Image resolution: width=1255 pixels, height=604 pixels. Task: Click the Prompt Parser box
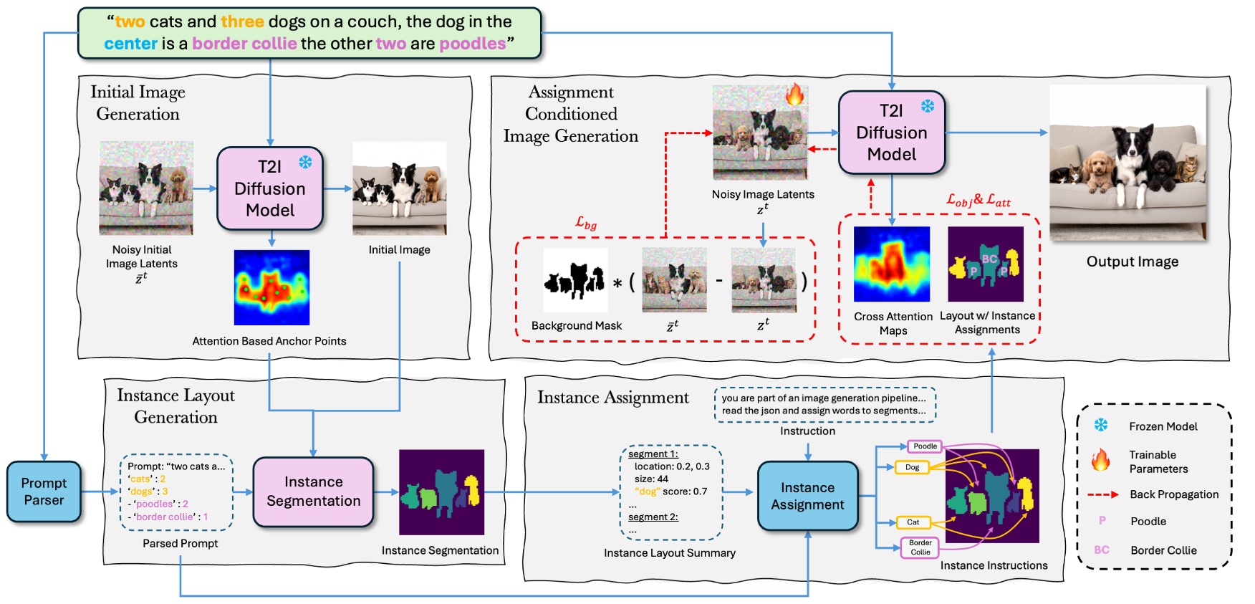[x=44, y=492]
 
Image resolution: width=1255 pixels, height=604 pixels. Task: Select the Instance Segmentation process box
[x=313, y=492]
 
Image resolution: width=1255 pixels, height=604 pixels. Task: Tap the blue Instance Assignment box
[x=807, y=496]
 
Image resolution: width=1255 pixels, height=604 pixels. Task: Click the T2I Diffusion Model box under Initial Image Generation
[x=270, y=188]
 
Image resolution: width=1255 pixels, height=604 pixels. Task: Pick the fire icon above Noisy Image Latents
[x=794, y=95]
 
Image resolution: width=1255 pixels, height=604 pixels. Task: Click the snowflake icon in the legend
[x=1101, y=426]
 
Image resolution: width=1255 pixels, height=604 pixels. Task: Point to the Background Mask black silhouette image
[x=575, y=280]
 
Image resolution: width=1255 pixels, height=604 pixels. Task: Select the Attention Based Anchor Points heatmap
[x=271, y=287]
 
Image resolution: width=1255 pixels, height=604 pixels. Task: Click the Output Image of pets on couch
[x=1127, y=163]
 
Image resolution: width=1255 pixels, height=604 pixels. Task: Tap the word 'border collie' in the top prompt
[x=244, y=44]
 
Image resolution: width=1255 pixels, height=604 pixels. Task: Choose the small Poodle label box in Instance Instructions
[x=925, y=446]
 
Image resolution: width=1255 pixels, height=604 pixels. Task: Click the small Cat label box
[x=913, y=522]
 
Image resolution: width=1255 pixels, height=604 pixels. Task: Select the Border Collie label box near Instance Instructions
[x=920, y=547]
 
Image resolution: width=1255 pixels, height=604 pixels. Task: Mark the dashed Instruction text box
[x=824, y=404]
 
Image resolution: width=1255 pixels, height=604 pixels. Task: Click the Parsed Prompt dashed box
[x=177, y=492]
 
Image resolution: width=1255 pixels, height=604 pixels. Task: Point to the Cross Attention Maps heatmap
[x=892, y=264]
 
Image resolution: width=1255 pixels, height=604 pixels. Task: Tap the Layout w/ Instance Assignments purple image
[x=986, y=264]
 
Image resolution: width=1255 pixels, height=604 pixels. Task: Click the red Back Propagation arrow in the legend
[x=1102, y=494]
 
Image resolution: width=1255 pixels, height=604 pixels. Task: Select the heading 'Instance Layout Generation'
[x=175, y=406]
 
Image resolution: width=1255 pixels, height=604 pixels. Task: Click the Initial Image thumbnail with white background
[x=399, y=188]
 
